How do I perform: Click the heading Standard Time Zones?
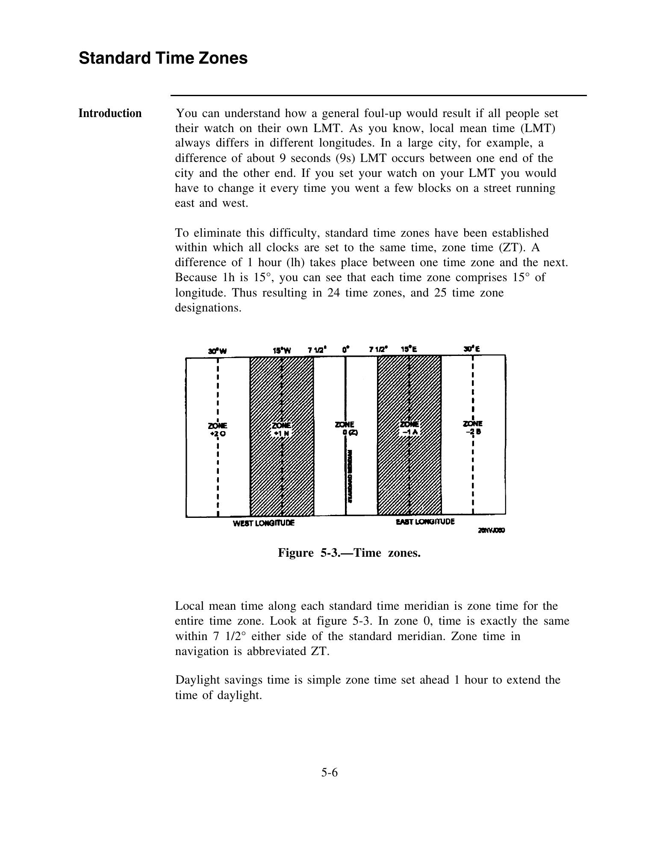coord(163,58)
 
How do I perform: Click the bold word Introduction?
coord(110,113)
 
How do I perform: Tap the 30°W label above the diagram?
coord(217,351)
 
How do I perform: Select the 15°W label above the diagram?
coord(282,350)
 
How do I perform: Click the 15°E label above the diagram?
coord(409,349)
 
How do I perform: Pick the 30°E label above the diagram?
coord(472,349)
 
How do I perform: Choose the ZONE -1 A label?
coord(409,428)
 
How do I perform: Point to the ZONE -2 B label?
coord(473,427)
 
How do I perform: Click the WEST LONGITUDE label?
coord(264,523)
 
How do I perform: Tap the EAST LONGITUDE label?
coord(425,522)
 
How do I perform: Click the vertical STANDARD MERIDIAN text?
coord(350,476)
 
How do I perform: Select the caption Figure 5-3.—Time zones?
coord(349,553)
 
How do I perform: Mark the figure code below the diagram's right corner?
coord(491,531)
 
